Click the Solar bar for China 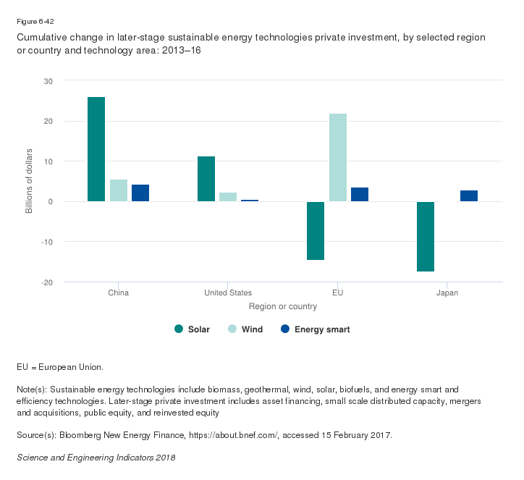[96, 149]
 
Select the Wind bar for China [119, 190]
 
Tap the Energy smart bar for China [140, 193]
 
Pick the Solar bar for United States [206, 179]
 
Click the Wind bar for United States [228, 197]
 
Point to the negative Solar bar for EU [316, 230]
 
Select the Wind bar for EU [338, 157]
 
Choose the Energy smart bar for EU [360, 194]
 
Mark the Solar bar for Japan [426, 236]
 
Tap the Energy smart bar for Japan [469, 195]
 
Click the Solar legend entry [193, 329]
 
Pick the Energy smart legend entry [316, 329]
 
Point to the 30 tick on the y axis [48, 80]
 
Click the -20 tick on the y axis [47, 282]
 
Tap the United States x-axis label [228, 293]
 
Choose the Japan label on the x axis [447, 293]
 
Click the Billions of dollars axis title [30, 181]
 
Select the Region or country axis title [283, 306]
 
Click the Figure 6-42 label [35, 22]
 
